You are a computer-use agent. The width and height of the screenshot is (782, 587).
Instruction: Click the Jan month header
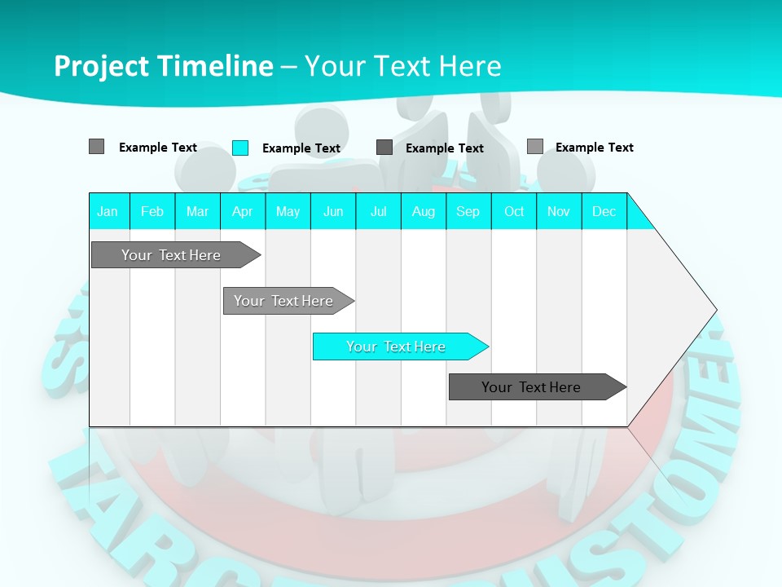pyautogui.click(x=108, y=211)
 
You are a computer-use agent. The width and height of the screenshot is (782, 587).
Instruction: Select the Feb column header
pyautogui.click(x=152, y=211)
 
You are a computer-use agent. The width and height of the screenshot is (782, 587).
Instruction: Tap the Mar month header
pyautogui.click(x=197, y=211)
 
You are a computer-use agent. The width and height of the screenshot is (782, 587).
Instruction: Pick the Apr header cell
pyautogui.click(x=243, y=211)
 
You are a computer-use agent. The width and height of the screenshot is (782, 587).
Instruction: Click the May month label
pyautogui.click(x=288, y=211)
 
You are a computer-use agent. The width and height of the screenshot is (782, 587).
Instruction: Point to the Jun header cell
pyautogui.click(x=333, y=211)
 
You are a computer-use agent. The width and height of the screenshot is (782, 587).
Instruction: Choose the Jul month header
pyautogui.click(x=379, y=211)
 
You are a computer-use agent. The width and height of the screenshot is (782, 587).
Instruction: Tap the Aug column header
pyautogui.click(x=424, y=211)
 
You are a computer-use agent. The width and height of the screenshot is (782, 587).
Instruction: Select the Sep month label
pyautogui.click(x=468, y=211)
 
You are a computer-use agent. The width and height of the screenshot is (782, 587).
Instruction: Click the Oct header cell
pyautogui.click(x=514, y=211)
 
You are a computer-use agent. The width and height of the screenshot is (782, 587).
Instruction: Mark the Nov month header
pyautogui.click(x=559, y=211)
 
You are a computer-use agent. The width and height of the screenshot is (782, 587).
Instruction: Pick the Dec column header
pyautogui.click(x=604, y=211)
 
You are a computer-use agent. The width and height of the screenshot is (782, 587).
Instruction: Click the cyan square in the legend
pyautogui.click(x=240, y=148)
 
